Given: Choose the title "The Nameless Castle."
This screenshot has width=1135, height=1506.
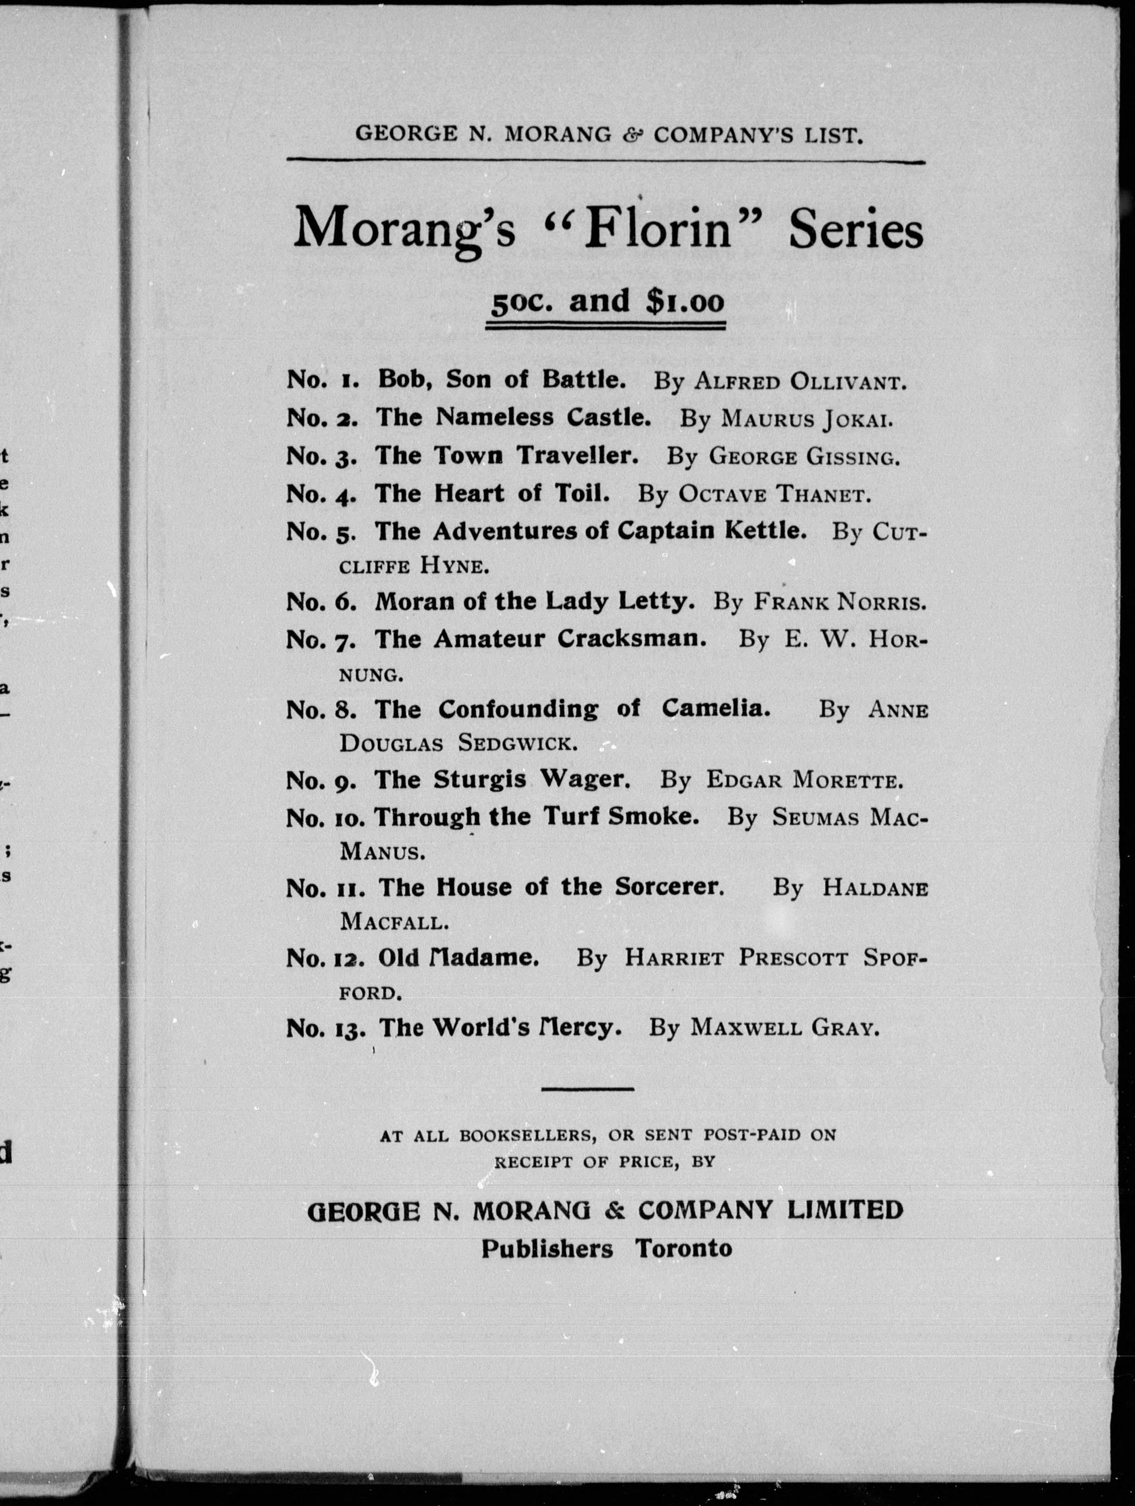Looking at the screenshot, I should [513, 417].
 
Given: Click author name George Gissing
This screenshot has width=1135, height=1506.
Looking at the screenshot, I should [804, 457].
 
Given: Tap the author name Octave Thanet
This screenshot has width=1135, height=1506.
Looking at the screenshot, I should [774, 494].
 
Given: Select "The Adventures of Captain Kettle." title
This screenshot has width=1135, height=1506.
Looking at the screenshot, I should [590, 531].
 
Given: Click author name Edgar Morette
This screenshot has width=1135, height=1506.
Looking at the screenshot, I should [804, 780].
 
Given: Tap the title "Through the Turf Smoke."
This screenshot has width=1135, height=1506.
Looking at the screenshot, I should [537, 816].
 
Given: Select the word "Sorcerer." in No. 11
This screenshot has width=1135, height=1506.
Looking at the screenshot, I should [669, 887].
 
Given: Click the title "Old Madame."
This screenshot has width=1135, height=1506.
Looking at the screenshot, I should [458, 958].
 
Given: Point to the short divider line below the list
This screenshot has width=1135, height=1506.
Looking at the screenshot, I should [587, 1089].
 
